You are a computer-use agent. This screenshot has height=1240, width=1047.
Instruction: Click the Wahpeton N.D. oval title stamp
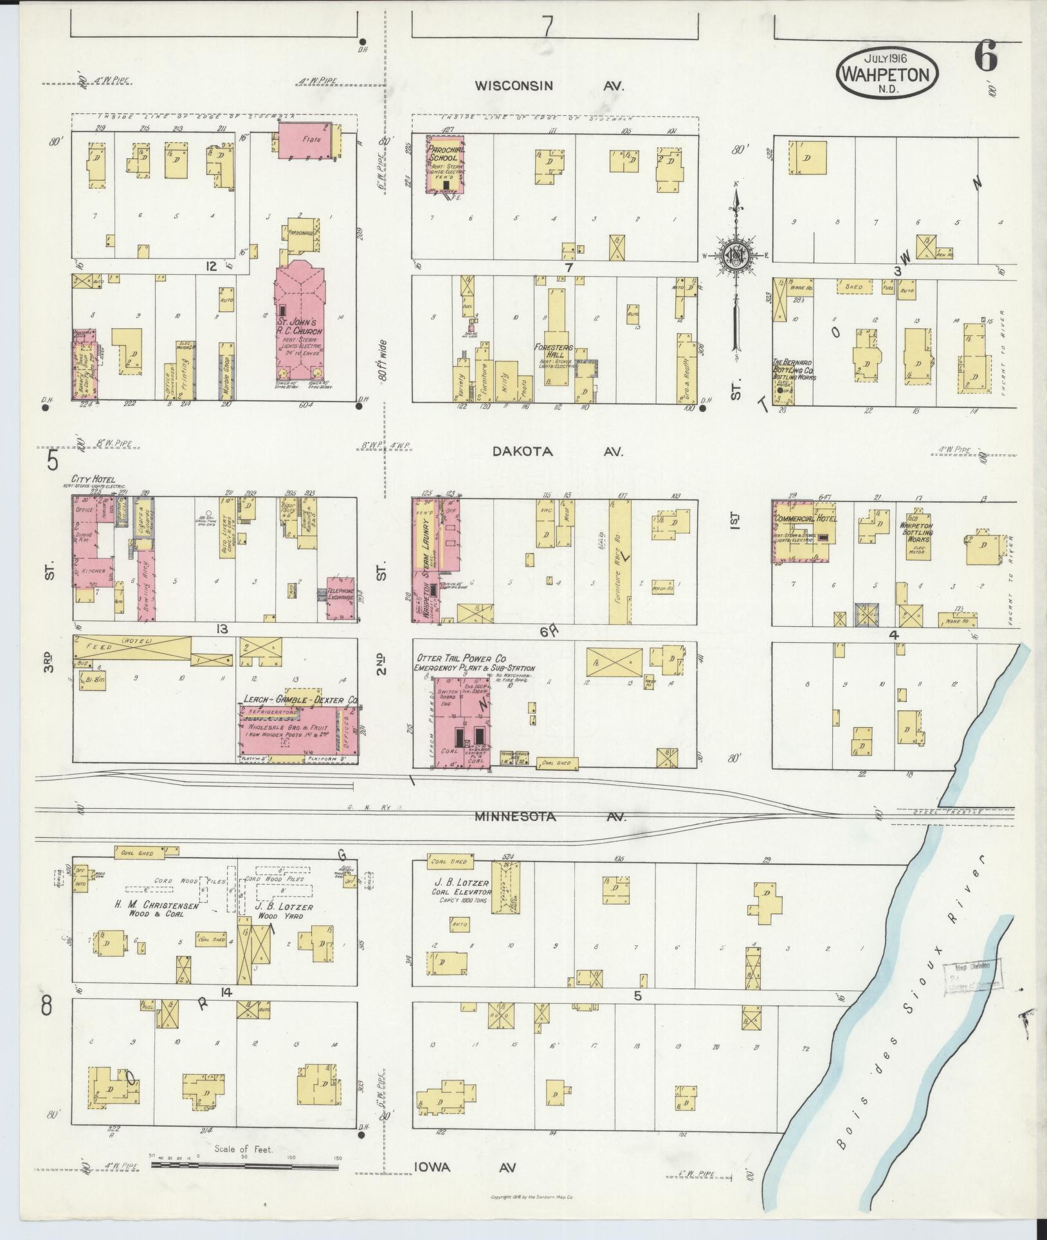pyautogui.click(x=887, y=75)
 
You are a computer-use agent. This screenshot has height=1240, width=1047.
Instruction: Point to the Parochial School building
pyautogui.click(x=443, y=164)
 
